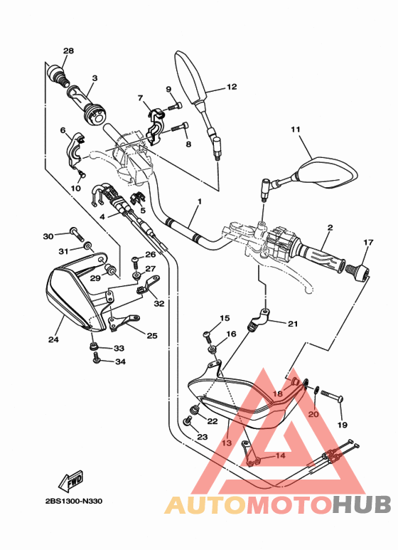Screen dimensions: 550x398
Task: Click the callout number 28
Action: [x=68, y=51]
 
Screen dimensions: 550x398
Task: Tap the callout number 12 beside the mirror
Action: [x=232, y=87]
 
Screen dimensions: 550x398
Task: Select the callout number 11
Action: [x=296, y=129]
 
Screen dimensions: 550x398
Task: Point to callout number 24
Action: [x=53, y=339]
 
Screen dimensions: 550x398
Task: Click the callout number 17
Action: [x=367, y=243]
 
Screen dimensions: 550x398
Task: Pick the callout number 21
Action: [x=293, y=324]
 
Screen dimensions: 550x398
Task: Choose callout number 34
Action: [x=120, y=362]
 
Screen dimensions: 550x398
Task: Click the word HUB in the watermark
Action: [x=362, y=504]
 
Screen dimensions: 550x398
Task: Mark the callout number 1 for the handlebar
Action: [x=200, y=201]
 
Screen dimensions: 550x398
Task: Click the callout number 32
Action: [x=158, y=303]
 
